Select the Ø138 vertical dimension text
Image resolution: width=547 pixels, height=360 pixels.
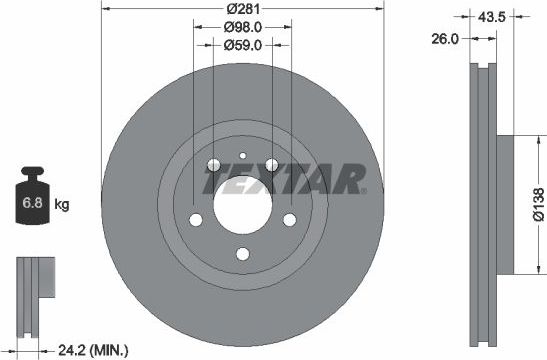pos(537,200)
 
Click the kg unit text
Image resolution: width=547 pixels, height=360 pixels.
pos(62,205)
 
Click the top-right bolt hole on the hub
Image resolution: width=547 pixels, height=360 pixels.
pos(271,166)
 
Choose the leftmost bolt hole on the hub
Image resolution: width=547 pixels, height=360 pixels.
pos(197,220)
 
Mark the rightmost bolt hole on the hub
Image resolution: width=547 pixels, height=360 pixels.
pos(289,220)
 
